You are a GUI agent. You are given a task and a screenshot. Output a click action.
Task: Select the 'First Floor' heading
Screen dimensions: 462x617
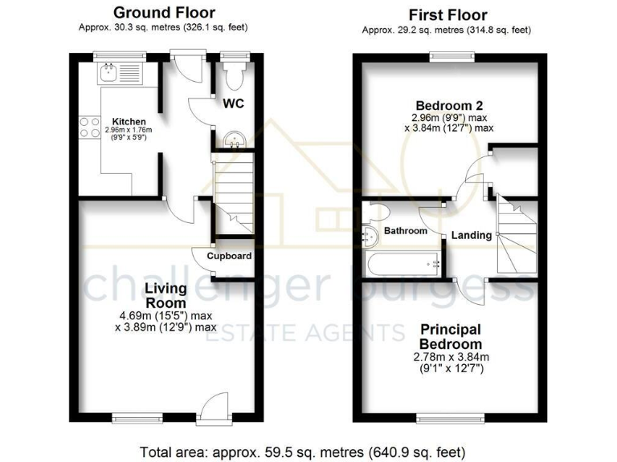[447, 14]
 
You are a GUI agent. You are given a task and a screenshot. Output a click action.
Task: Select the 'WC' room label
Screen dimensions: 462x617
[233, 104]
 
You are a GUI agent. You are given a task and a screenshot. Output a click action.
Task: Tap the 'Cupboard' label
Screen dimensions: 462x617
[229, 257]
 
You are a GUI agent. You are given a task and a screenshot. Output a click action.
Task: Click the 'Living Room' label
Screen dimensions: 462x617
[165, 295]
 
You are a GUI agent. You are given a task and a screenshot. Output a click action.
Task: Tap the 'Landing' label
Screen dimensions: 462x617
[471, 235]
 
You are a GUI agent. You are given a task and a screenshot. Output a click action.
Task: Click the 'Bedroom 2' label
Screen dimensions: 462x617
[449, 106]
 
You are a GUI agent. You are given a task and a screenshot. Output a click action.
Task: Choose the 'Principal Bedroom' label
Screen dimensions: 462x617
[449, 336]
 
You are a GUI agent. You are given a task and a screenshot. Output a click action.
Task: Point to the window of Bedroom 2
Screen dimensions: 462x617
[450, 56]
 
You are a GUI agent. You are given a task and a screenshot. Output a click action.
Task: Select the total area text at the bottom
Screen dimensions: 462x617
[302, 451]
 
